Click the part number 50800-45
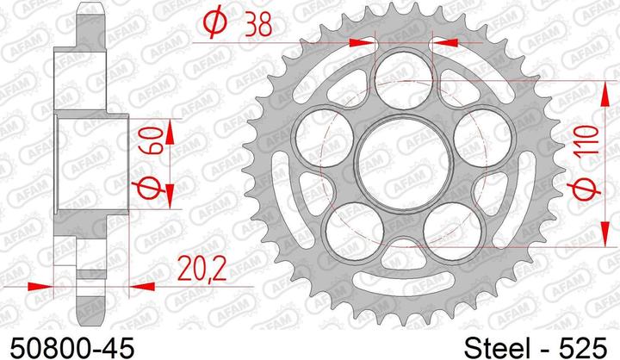[72, 348]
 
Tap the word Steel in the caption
[497, 348]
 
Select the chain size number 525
[582, 348]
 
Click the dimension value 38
[258, 23]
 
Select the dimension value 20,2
[201, 268]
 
